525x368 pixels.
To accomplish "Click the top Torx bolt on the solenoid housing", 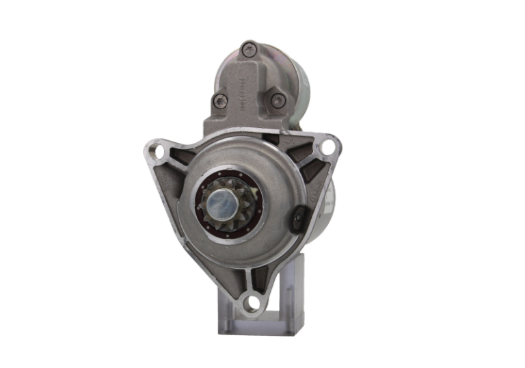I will pos(250,49).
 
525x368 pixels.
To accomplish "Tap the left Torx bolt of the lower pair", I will pos(219,101).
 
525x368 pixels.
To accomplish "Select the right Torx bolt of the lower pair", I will pos(276,101).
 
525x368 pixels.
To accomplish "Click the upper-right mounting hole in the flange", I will pos(329,145).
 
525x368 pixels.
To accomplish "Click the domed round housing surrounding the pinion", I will pos(273,171).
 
